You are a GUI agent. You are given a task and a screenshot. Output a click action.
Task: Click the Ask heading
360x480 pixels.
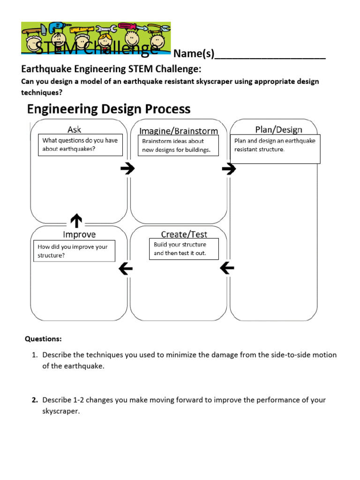click(x=74, y=129)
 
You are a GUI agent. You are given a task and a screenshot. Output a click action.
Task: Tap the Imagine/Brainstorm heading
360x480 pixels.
click(x=179, y=131)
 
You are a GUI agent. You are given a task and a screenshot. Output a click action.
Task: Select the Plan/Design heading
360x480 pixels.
click(x=278, y=129)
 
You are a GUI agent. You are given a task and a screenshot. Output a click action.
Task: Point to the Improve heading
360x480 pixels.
click(x=79, y=234)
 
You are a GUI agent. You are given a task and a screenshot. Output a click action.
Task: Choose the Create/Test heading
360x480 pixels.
click(x=184, y=234)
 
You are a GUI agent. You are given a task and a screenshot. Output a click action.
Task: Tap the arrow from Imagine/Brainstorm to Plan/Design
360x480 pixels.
click(x=229, y=169)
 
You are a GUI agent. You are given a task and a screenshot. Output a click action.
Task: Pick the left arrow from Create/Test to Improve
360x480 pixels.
click(x=126, y=269)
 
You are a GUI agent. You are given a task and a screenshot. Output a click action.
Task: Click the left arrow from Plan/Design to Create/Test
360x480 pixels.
click(x=227, y=268)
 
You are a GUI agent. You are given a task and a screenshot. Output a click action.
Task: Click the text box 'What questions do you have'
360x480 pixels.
click(x=80, y=145)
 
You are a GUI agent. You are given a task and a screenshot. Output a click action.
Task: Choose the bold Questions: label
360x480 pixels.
click(x=43, y=338)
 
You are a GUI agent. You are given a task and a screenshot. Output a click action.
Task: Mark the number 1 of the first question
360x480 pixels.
click(x=34, y=355)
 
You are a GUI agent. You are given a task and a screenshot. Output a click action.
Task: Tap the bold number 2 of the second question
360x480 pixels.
click(x=34, y=400)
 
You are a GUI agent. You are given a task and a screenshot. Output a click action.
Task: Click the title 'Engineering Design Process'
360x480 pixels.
click(x=109, y=109)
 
